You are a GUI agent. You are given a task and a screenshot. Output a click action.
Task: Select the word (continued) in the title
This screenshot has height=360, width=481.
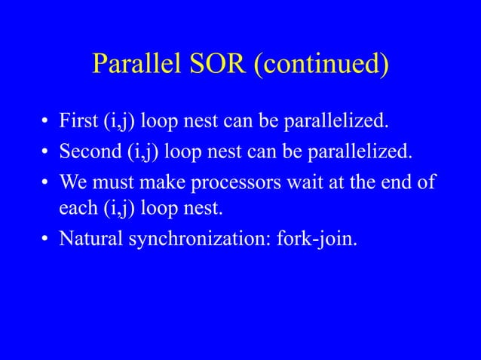click(321, 66)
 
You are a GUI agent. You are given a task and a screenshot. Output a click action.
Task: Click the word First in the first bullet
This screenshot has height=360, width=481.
click(78, 121)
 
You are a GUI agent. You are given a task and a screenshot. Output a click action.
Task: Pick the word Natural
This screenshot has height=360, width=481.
click(90, 242)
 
